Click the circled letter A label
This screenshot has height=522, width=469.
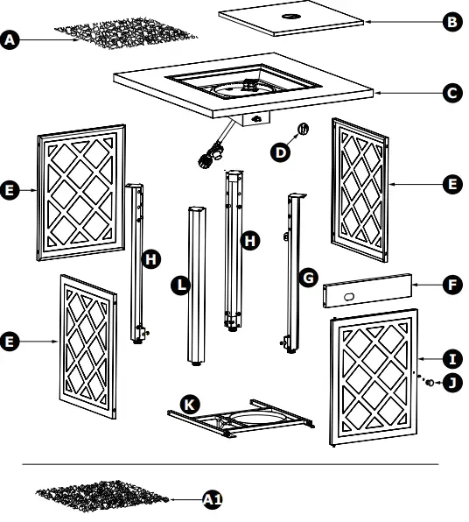pyautogui.click(x=10, y=40)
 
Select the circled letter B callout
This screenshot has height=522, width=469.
pyautogui.click(x=451, y=22)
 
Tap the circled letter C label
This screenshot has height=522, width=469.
pyautogui.click(x=451, y=91)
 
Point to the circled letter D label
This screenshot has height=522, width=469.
pyautogui.click(x=281, y=152)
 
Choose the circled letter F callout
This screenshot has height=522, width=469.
pyautogui.click(x=451, y=285)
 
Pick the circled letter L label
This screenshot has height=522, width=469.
pyautogui.click(x=180, y=285)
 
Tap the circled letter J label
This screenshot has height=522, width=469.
pyautogui.click(x=451, y=382)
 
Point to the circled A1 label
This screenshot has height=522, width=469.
pyautogui.click(x=213, y=499)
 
